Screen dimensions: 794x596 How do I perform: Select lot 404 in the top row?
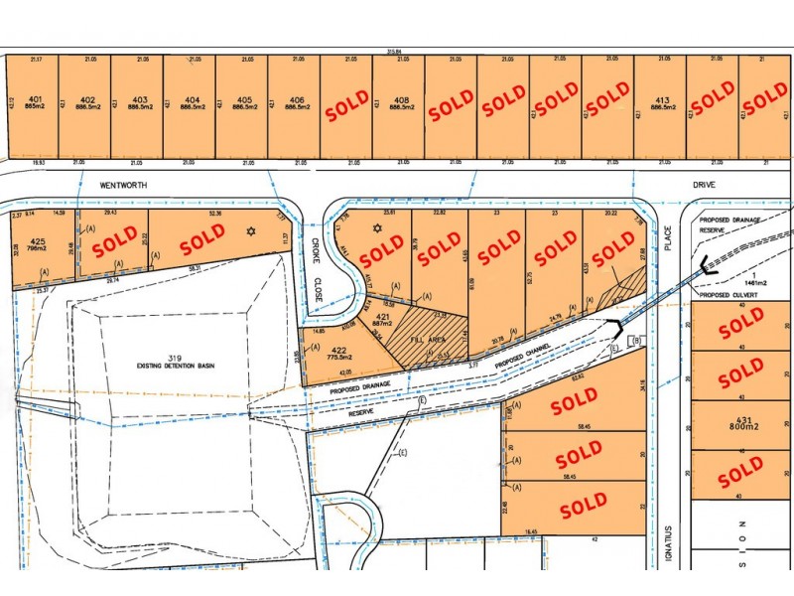[x=191, y=99]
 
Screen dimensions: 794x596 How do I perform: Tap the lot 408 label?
[x=400, y=99]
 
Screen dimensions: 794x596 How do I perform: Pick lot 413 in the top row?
[x=660, y=99]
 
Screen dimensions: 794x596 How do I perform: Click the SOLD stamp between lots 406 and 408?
[x=347, y=105]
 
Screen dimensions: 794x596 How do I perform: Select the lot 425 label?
[x=37, y=240]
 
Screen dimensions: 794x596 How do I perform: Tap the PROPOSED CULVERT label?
[x=729, y=295]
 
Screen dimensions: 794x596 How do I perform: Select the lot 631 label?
[x=739, y=420]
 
